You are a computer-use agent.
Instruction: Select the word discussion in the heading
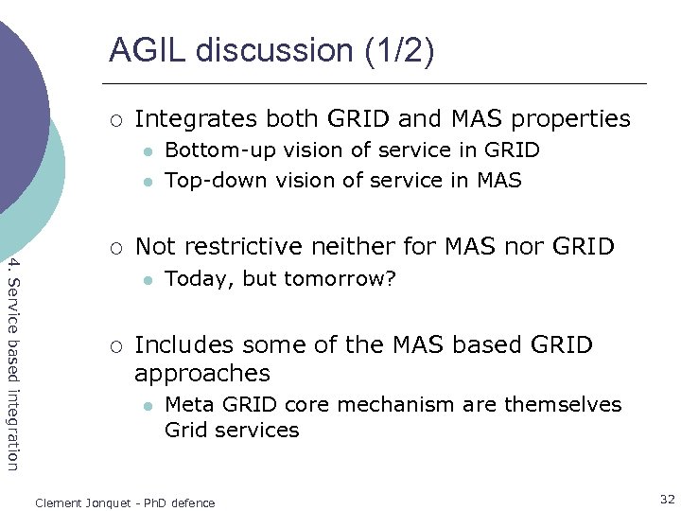[x=274, y=50]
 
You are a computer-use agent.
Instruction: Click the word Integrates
[x=196, y=119]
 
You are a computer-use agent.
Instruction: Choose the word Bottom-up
[x=213, y=150]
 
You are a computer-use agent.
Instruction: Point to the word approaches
[x=202, y=374]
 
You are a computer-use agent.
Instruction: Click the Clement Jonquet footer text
[x=125, y=503]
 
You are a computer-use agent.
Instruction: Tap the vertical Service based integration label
[x=12, y=361]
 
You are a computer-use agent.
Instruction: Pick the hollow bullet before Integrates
[x=113, y=120]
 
